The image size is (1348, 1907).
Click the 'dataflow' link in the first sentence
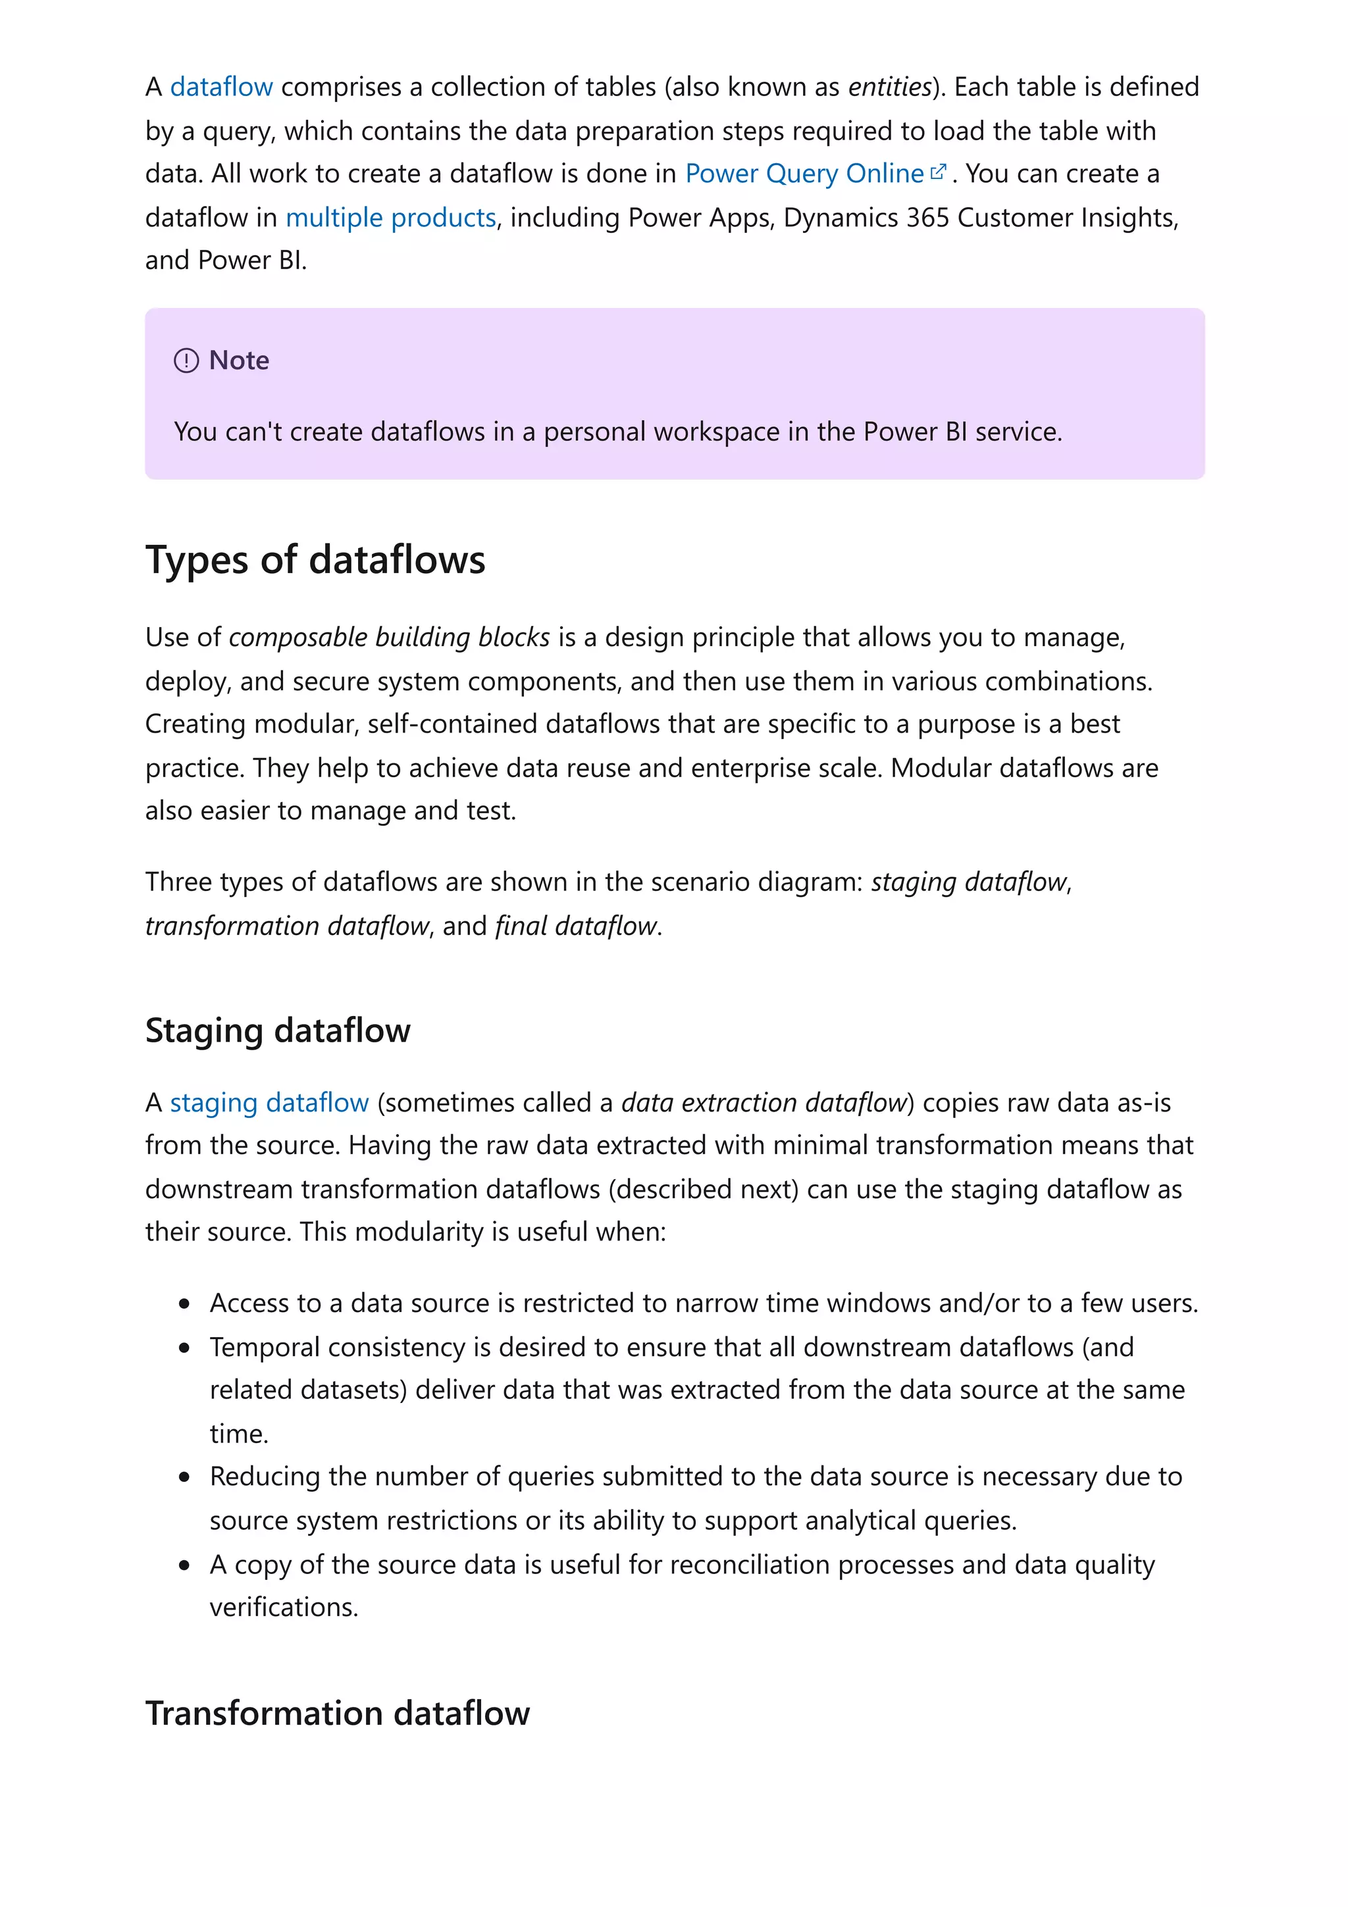(x=221, y=88)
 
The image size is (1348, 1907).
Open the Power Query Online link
(x=803, y=174)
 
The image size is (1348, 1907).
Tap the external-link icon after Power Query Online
(x=938, y=172)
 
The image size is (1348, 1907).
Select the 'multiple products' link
(x=390, y=218)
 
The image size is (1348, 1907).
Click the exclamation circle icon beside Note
(x=186, y=361)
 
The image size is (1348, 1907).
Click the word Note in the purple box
(x=239, y=361)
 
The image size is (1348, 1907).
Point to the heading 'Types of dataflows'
(x=315, y=560)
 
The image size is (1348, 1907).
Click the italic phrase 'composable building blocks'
(x=389, y=637)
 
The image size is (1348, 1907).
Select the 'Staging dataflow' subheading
(x=277, y=1030)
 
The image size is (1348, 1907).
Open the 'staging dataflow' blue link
(x=269, y=1102)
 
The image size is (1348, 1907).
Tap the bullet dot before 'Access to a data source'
(x=184, y=1304)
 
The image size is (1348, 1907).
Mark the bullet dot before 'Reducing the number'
(x=184, y=1477)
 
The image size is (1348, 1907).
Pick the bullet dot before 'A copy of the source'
(x=184, y=1565)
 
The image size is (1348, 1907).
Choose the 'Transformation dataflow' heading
(x=337, y=1714)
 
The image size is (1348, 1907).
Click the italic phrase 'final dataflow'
(x=575, y=925)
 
